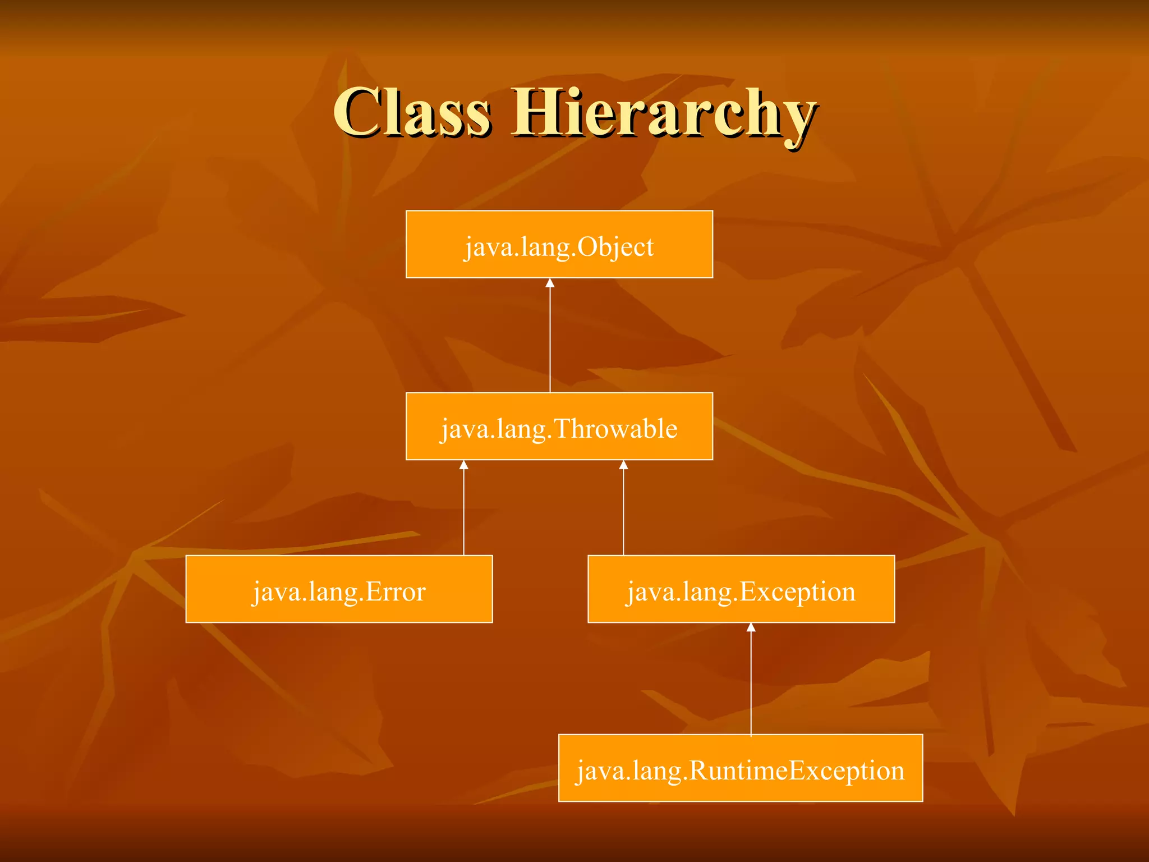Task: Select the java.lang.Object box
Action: pos(559,245)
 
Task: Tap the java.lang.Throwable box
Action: pos(559,427)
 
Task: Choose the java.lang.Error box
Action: pos(339,589)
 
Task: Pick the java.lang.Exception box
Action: pos(741,589)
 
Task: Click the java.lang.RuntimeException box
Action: pos(741,768)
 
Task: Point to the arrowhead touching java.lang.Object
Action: pos(550,283)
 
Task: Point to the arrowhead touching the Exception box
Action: pos(751,628)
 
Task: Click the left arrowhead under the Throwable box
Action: pos(463,465)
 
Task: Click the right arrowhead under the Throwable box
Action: pos(623,465)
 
